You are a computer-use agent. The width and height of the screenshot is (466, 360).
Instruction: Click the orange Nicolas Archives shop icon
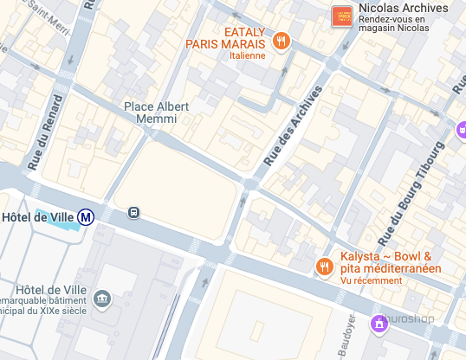[x=342, y=16]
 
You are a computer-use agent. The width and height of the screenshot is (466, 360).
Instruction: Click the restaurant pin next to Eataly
[x=281, y=41]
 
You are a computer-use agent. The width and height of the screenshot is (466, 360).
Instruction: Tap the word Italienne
[x=248, y=55]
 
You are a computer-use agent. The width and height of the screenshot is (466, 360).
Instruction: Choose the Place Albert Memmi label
[x=156, y=113]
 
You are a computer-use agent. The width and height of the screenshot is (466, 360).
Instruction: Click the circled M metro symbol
[x=86, y=217]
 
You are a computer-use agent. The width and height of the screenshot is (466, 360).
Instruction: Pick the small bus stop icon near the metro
[x=133, y=212]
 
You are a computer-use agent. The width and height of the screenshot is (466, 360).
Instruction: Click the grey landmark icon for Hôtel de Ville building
[x=102, y=299]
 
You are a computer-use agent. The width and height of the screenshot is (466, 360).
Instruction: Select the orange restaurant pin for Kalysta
[x=325, y=267]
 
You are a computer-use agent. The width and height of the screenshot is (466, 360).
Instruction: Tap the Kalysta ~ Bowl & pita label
[x=390, y=262]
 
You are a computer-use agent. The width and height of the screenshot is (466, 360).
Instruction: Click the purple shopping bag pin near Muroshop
[x=379, y=324]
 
